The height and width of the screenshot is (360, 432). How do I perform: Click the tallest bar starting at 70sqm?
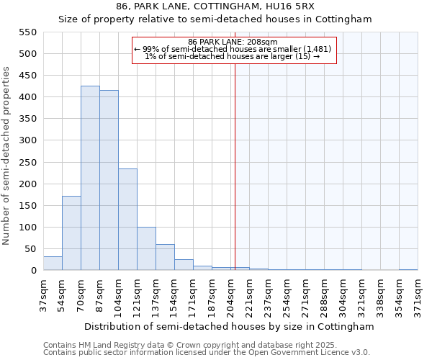(90, 178)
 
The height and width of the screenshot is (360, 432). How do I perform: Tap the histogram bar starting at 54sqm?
(71, 233)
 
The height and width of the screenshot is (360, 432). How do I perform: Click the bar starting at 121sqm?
(146, 248)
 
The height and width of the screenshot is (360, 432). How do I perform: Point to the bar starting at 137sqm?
(165, 257)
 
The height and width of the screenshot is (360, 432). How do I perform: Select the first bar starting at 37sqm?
(53, 263)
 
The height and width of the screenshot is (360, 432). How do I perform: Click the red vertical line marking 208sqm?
(235, 166)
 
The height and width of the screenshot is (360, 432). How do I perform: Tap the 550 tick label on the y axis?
(27, 32)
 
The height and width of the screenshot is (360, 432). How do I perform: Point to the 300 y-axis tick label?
(27, 140)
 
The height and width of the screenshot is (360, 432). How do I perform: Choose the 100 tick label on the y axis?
(27, 228)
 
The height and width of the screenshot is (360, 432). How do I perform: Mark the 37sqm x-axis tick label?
(43, 294)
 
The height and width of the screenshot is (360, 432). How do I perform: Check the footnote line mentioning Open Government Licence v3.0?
(207, 353)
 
